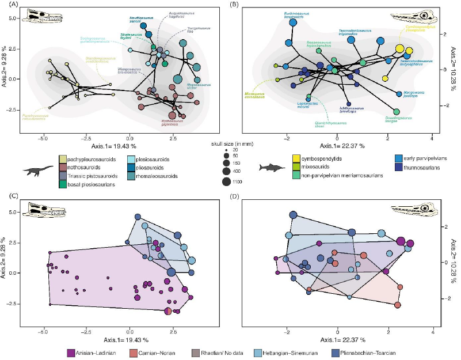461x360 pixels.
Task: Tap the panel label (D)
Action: (x=235, y=197)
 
